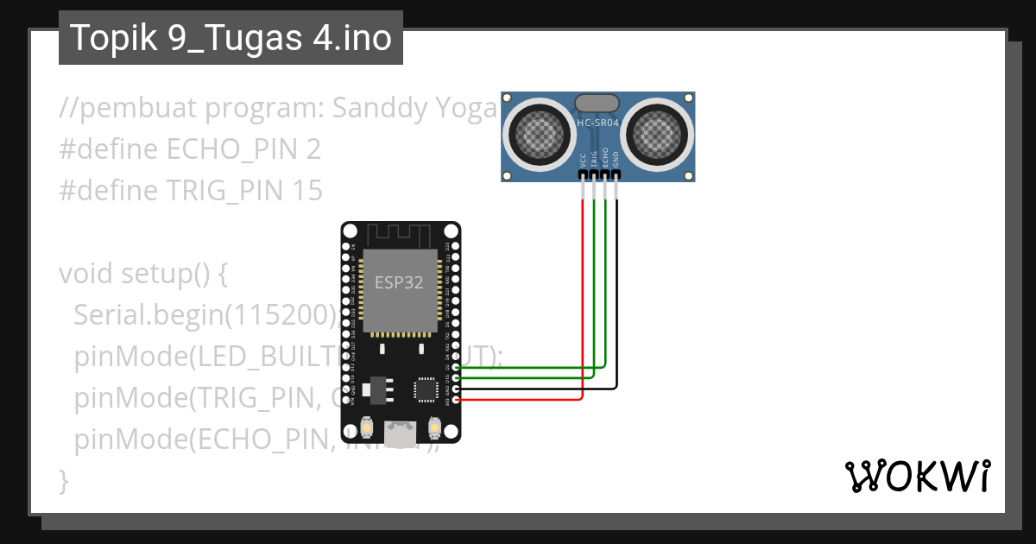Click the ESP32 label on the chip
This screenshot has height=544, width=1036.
tap(399, 281)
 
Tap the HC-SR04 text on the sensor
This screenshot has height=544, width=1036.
tap(597, 123)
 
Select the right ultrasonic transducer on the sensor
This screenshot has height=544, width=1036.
tap(658, 132)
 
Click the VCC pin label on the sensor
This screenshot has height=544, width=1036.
tap(584, 160)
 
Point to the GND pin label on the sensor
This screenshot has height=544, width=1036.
tap(616, 160)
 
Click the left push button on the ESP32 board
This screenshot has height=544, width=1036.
tap(366, 427)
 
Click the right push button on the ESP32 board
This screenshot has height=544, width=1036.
tap(435, 427)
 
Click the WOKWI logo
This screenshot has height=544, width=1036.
tap(917, 476)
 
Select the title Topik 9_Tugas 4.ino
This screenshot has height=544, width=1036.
tap(231, 38)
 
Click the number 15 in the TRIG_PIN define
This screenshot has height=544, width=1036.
tap(306, 190)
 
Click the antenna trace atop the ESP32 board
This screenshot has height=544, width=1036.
tap(400, 234)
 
